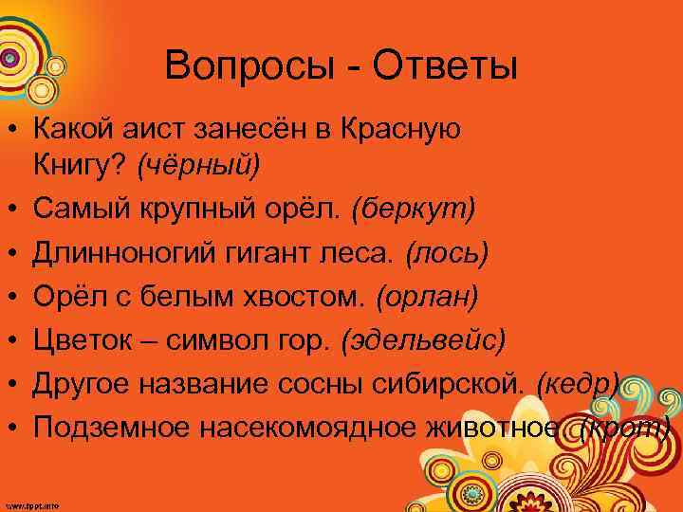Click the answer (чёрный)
[197, 165]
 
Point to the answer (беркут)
[413, 209]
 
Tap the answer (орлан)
[428, 297]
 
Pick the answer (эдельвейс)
[422, 339]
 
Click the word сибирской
[459, 384]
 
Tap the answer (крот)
[629, 428]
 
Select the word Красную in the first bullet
[400, 129]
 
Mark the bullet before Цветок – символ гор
[15, 341]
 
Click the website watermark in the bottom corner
[30, 505]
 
